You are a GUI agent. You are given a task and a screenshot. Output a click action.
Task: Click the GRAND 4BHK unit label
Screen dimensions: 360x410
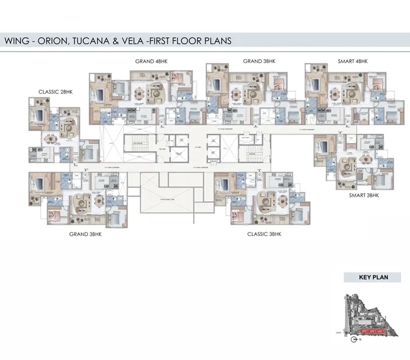point(151,61)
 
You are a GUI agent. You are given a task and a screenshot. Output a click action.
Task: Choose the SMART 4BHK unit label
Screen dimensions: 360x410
point(353,61)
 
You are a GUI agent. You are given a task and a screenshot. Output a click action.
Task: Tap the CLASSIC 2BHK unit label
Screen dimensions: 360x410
point(57,92)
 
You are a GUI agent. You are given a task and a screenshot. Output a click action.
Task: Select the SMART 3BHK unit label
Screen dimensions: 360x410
point(364,195)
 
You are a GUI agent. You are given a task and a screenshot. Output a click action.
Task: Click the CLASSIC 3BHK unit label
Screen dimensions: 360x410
point(264,234)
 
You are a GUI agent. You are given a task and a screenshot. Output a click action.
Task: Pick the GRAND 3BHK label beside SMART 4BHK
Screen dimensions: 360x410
point(259,61)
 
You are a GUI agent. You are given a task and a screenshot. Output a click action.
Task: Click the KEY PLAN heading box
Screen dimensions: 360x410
point(373,277)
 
